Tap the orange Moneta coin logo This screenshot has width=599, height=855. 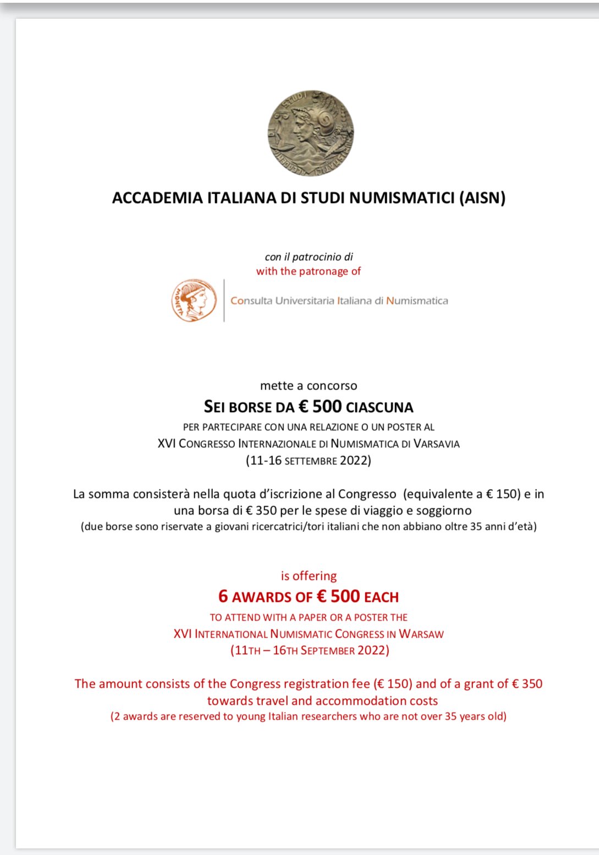point(193,300)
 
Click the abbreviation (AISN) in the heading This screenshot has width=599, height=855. point(482,198)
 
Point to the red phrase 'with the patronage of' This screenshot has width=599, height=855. point(309,271)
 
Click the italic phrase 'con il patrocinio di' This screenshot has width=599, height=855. point(309,257)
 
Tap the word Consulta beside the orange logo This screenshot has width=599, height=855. point(251,301)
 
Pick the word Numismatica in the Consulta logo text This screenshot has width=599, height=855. point(417,301)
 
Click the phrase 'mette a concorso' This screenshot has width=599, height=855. point(309,386)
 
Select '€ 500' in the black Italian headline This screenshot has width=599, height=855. point(320,407)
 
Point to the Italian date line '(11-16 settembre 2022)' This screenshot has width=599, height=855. point(309,461)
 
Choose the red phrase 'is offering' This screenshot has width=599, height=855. point(309,576)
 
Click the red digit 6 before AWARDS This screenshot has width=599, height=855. point(223,596)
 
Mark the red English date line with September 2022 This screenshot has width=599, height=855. point(310,650)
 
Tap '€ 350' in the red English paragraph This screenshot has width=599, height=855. point(527,684)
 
